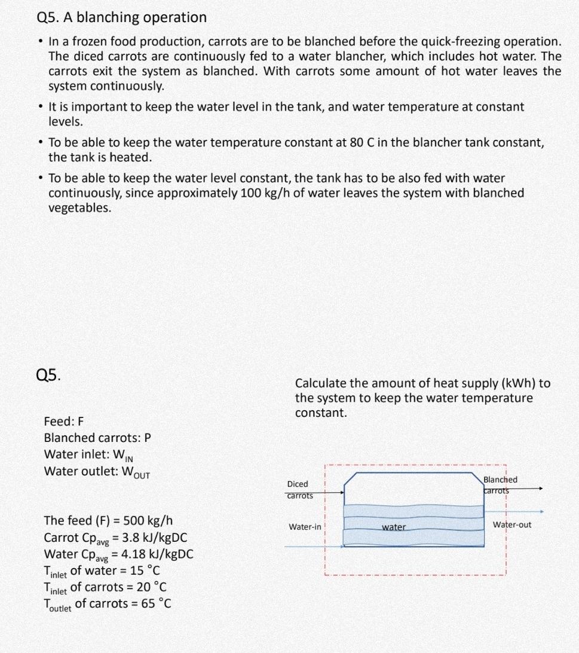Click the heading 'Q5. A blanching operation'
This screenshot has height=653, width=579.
tap(121, 17)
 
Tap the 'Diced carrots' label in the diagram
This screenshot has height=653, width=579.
tap(298, 489)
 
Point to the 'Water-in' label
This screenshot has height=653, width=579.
tap(305, 527)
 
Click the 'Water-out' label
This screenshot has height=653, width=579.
tap(511, 524)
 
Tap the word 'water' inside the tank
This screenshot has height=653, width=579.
tap(394, 527)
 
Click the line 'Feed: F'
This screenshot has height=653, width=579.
tap(64, 420)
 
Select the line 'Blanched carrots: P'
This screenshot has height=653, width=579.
tap(97, 437)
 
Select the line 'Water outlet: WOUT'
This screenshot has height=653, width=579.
tap(97, 471)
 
